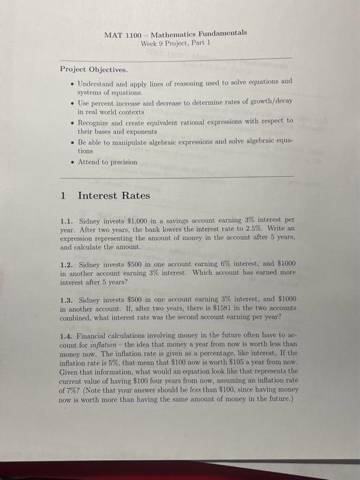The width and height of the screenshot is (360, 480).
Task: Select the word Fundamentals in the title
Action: pyautogui.click(x=224, y=34)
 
